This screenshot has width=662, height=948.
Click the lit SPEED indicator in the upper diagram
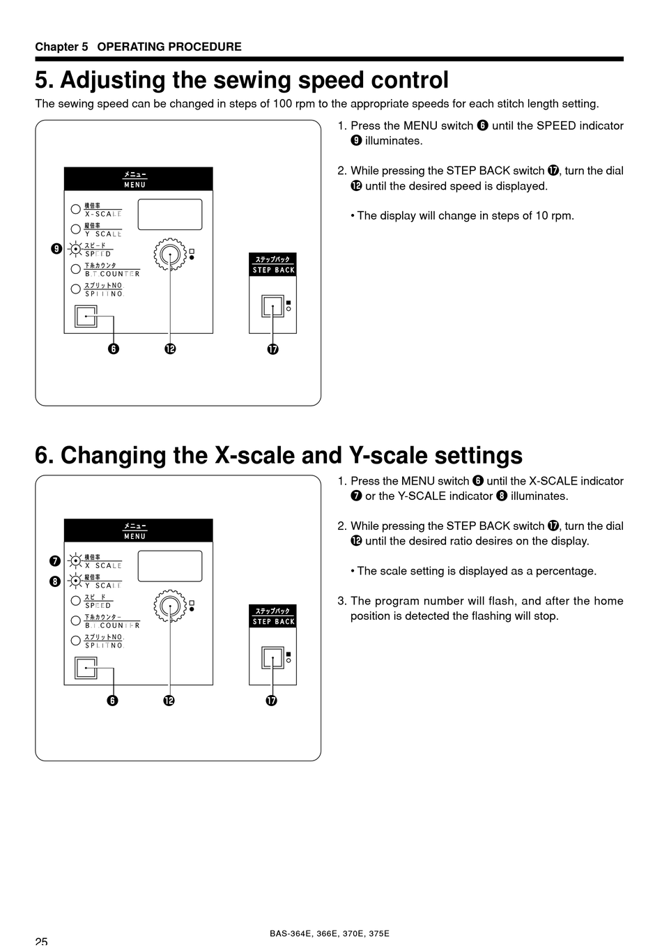pyautogui.click(x=75, y=248)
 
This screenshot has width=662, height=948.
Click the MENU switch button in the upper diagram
pyautogui.click(x=86, y=316)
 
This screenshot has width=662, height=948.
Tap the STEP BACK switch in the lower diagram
pyautogui.click(x=272, y=657)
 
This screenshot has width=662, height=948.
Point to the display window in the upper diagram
pyautogui.click(x=170, y=214)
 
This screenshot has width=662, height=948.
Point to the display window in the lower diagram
pyautogui.click(x=170, y=566)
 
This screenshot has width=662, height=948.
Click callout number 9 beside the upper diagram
pyautogui.click(x=55, y=249)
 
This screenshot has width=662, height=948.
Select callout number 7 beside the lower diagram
pyautogui.click(x=54, y=561)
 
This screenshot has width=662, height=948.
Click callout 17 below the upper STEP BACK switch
pyautogui.click(x=272, y=349)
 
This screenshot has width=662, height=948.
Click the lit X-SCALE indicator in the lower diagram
pyautogui.click(x=75, y=560)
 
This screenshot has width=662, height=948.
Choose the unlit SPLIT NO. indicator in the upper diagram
pyautogui.click(x=75, y=289)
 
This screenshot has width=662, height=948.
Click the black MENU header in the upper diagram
pyautogui.click(x=138, y=179)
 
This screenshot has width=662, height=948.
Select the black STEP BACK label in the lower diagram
pyautogui.click(x=273, y=616)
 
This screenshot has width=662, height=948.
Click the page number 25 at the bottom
pyautogui.click(x=41, y=942)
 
